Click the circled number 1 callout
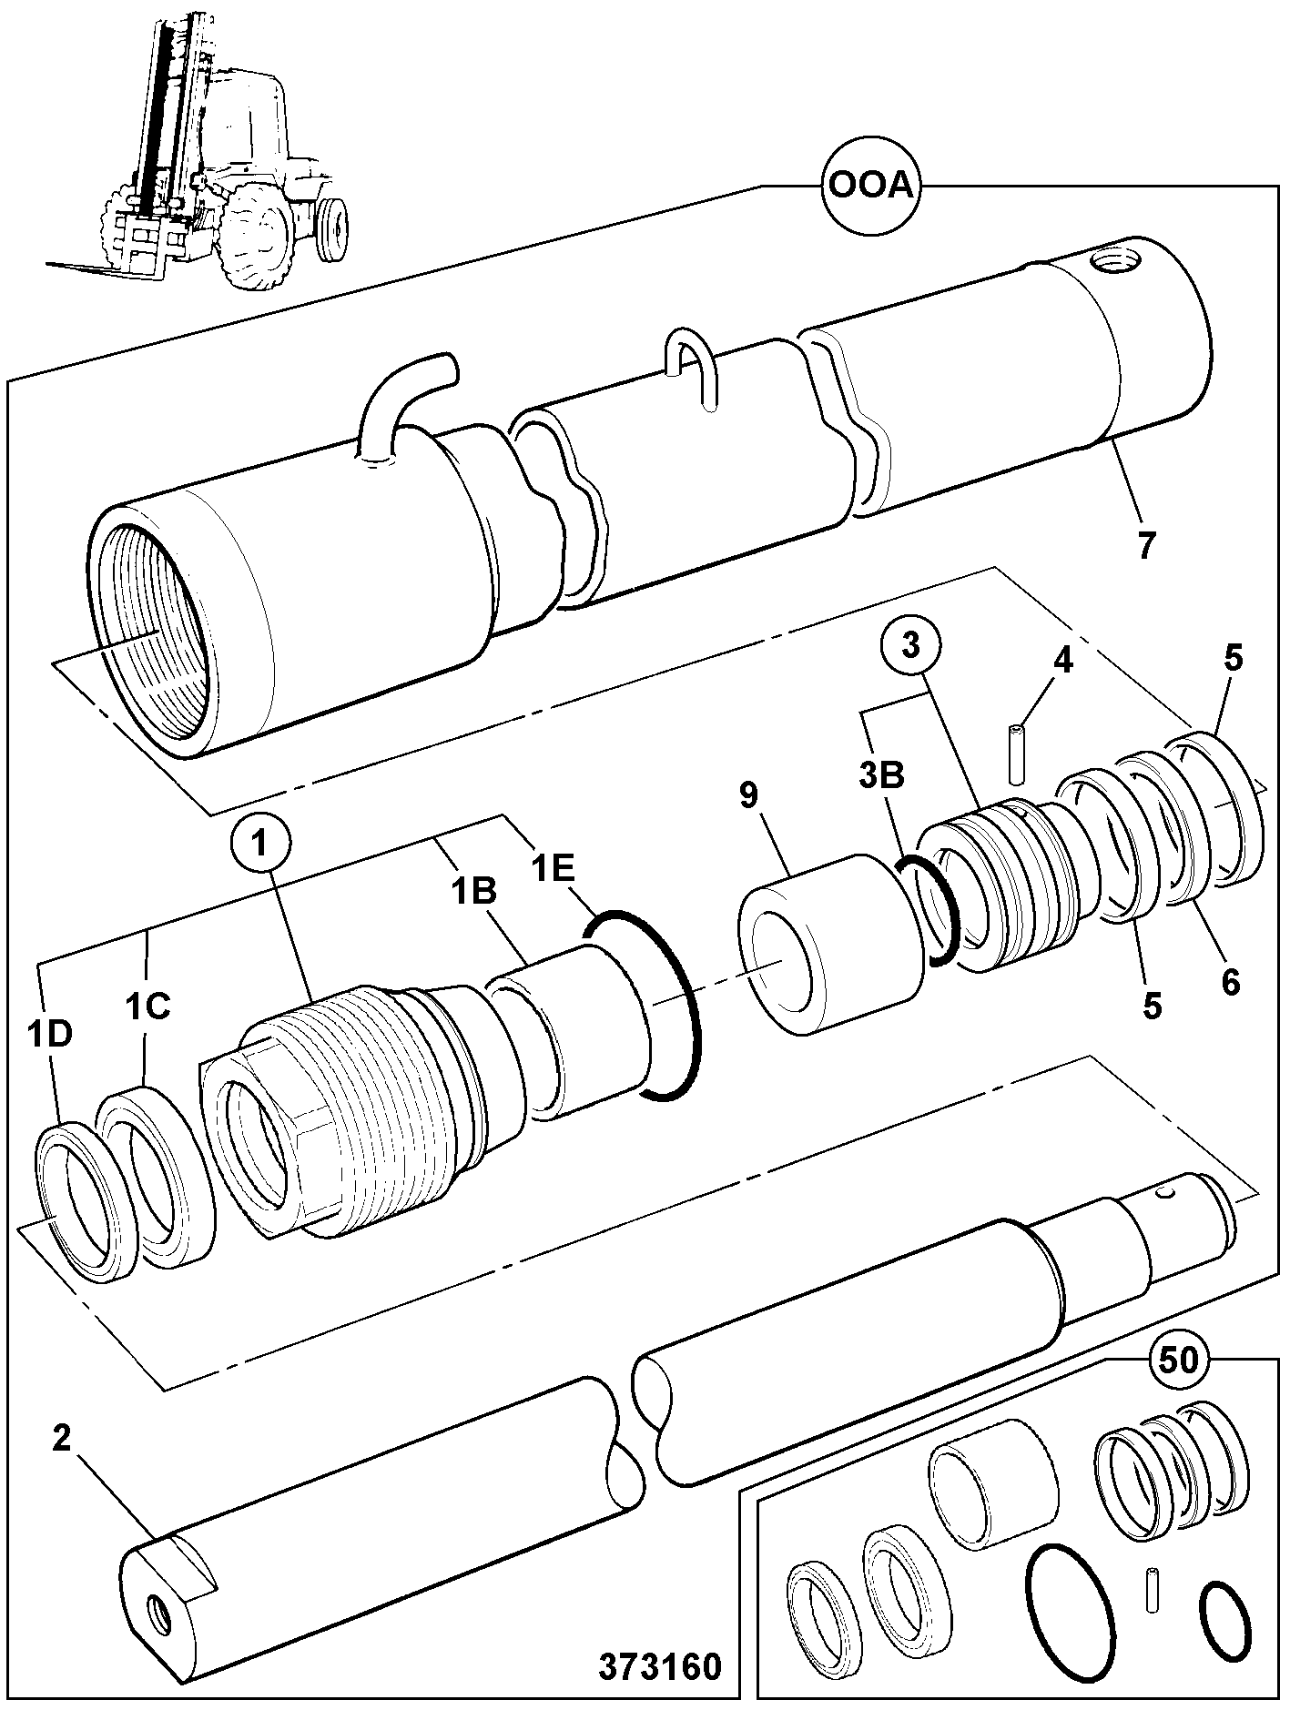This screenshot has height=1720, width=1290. click(x=261, y=844)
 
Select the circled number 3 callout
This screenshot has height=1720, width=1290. click(x=911, y=647)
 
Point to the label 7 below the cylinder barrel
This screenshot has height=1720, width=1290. click(x=1144, y=545)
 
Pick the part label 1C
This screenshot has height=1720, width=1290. click(x=148, y=1008)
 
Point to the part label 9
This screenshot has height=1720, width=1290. click(x=748, y=794)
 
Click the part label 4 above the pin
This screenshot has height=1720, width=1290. click(x=1062, y=662)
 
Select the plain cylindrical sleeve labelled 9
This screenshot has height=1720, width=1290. click(x=829, y=943)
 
